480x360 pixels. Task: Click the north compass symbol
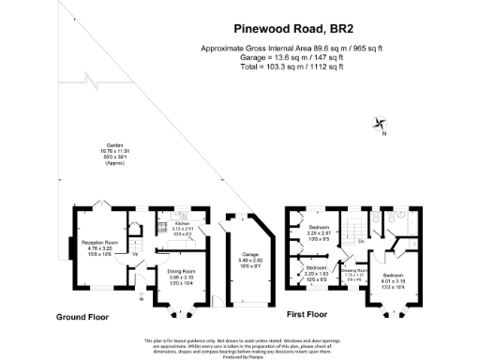pyautogui.click(x=379, y=123)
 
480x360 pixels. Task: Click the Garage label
pyautogui.click(x=241, y=259)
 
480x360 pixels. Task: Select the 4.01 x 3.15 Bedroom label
pyautogui.click(x=392, y=278)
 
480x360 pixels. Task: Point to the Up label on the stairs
pyautogui.click(x=137, y=254)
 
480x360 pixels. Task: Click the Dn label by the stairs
pyautogui.click(x=360, y=242)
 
